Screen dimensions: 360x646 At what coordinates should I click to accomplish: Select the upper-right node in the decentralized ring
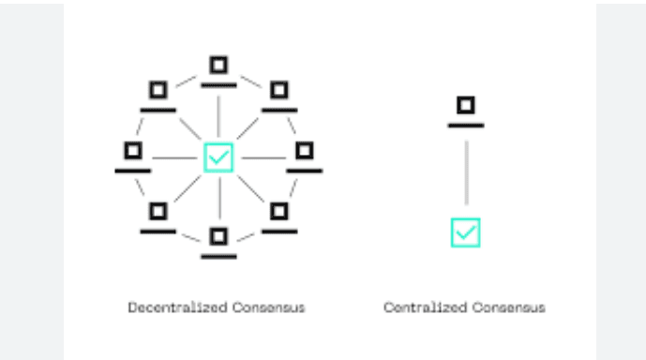click(x=278, y=92)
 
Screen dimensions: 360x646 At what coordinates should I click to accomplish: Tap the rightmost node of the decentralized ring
click(x=303, y=153)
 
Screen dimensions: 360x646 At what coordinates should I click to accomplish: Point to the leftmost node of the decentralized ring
click(x=133, y=153)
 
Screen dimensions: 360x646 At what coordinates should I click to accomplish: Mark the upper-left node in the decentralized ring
click(x=158, y=92)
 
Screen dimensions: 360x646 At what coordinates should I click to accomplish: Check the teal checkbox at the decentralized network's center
click(x=218, y=157)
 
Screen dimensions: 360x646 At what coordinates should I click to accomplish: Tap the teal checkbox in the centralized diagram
click(x=465, y=232)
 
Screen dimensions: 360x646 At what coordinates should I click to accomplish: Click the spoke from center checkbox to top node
click(x=218, y=112)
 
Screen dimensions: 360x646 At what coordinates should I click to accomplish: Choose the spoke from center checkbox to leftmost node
click(x=173, y=157)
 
